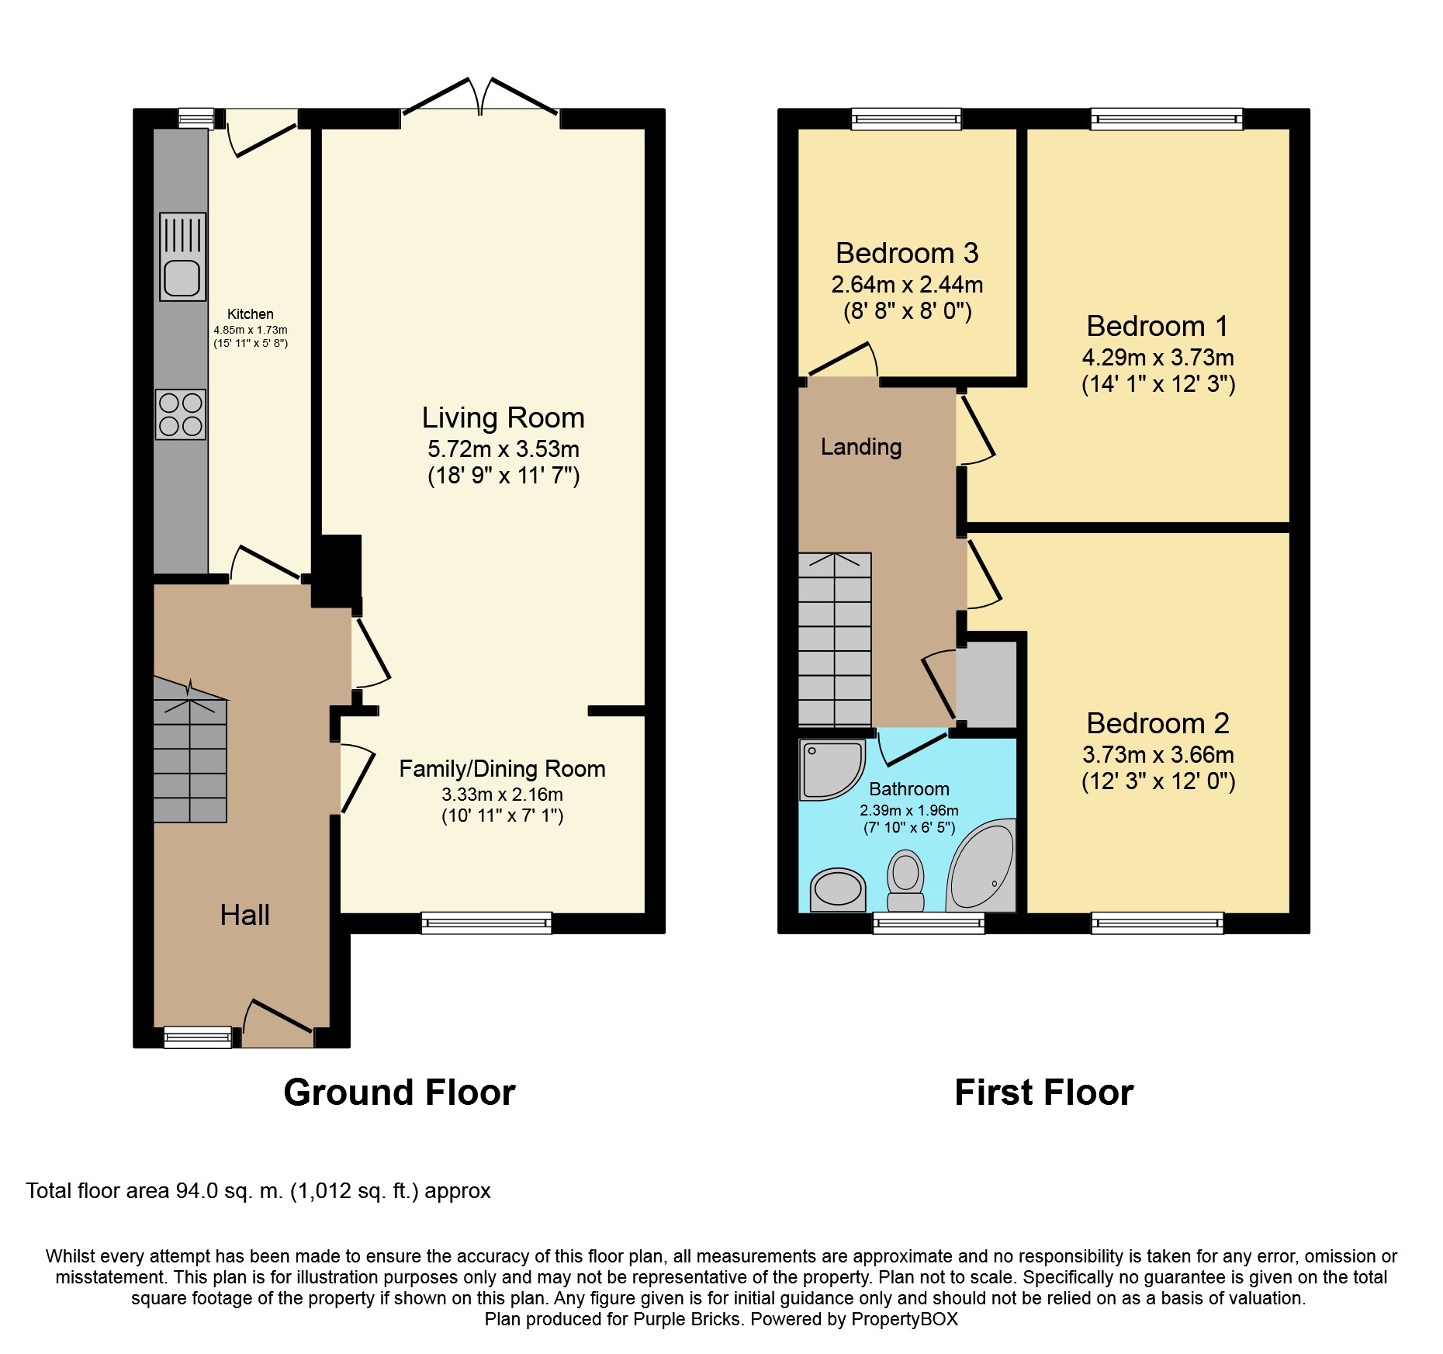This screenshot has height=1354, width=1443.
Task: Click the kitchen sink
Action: [x=183, y=257]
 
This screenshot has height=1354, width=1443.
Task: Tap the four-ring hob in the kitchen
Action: [x=181, y=414]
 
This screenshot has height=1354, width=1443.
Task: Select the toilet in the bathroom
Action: [x=905, y=881]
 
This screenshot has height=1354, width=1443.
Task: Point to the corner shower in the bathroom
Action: [x=832, y=770]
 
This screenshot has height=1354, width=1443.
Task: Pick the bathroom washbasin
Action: [x=837, y=889]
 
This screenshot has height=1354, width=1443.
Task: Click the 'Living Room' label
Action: [x=503, y=417]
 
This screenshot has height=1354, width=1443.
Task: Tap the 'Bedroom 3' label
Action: [x=907, y=253]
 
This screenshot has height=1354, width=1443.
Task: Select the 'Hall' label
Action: [x=244, y=915]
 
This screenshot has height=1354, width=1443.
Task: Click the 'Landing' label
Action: [x=861, y=447]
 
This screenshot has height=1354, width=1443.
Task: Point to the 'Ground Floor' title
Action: [x=400, y=1093]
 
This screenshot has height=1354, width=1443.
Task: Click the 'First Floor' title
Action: [x=1044, y=1093]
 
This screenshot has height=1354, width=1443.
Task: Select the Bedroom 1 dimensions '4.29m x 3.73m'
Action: [x=1158, y=358]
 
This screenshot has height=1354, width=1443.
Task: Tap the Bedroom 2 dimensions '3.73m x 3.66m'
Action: [x=1158, y=755]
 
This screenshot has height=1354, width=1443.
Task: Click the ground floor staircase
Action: [x=190, y=750]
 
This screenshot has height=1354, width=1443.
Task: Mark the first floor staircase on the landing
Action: [x=835, y=639]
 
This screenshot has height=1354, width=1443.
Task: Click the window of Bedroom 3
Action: [x=906, y=119]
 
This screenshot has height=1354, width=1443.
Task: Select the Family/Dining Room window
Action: [x=486, y=923]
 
